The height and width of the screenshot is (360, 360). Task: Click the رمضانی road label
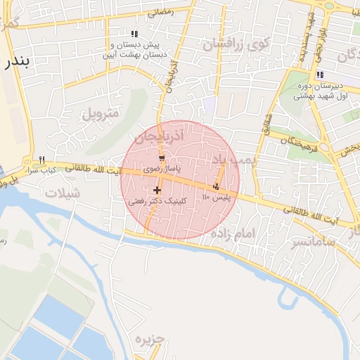[x=160, y=12]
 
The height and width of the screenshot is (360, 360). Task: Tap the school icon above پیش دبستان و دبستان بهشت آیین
[x=134, y=34]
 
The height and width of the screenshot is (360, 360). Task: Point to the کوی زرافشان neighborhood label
[x=236, y=44]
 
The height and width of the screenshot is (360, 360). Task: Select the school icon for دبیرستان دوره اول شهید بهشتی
[x=320, y=75]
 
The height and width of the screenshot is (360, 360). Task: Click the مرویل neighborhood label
[x=102, y=113]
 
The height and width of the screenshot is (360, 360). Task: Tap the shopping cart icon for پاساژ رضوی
[x=162, y=159]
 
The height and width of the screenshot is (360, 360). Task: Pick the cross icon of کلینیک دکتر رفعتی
[x=156, y=190]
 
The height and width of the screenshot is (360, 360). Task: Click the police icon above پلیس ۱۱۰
[x=216, y=186]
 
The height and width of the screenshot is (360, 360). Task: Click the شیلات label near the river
[x=62, y=193]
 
